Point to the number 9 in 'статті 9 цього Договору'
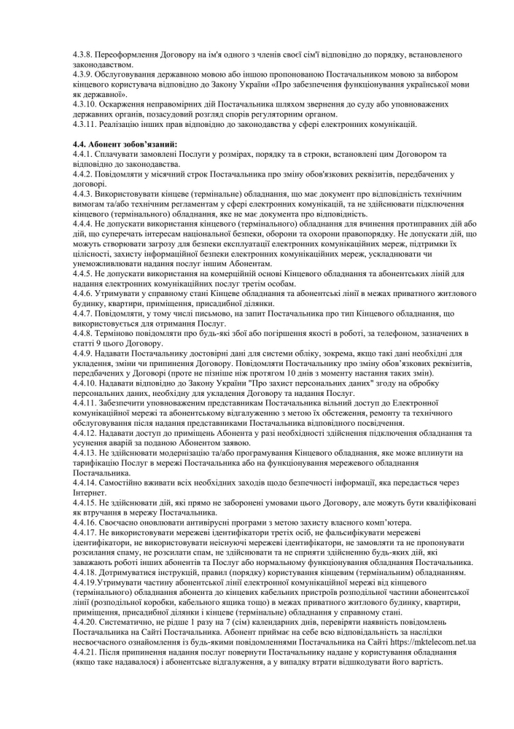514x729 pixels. point(95,343)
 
